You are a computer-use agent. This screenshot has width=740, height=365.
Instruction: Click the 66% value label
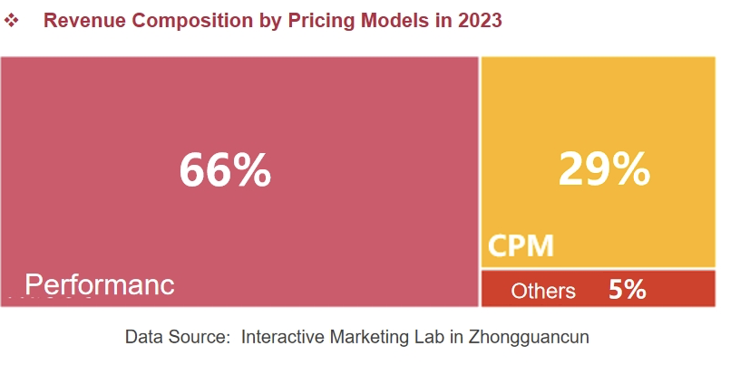pyautogui.click(x=224, y=169)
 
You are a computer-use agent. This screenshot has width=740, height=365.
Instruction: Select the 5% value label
pyautogui.click(x=627, y=290)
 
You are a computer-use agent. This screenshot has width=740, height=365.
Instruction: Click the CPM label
pyautogui.click(x=521, y=245)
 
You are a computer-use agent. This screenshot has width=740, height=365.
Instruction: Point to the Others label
pyautogui.click(x=543, y=291)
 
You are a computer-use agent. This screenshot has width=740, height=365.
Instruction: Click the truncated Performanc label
pyautogui.click(x=99, y=284)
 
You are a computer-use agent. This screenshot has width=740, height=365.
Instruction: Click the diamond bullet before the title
pyautogui.click(x=13, y=20)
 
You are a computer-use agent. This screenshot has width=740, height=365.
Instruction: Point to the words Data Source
pyautogui.click(x=178, y=338)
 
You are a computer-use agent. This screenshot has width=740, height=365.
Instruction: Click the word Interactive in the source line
pyautogui.click(x=286, y=338)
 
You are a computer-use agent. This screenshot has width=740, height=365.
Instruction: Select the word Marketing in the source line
pyautogui.click(x=372, y=338)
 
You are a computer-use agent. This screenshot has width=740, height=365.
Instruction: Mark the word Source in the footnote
pyautogui.click(x=200, y=338)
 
